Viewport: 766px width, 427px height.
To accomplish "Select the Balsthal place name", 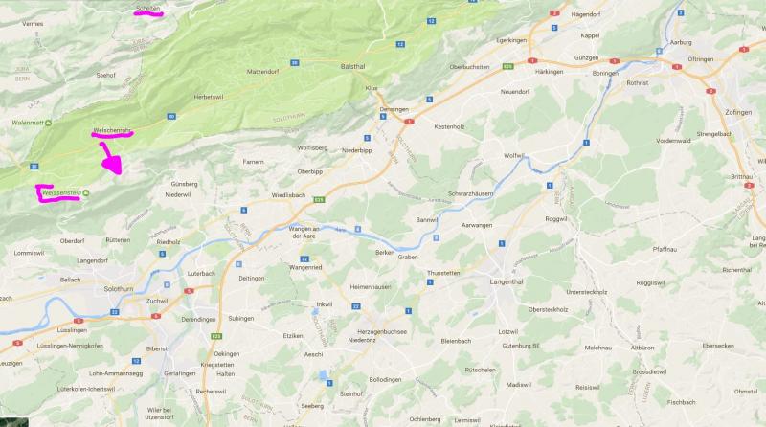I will click(354, 66).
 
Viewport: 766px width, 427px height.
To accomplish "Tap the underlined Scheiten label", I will click(148, 7).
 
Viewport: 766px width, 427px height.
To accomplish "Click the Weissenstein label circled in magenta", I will click(58, 192).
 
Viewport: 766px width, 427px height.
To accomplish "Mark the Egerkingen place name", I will click(512, 41).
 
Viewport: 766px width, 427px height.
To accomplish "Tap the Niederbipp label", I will click(355, 150).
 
